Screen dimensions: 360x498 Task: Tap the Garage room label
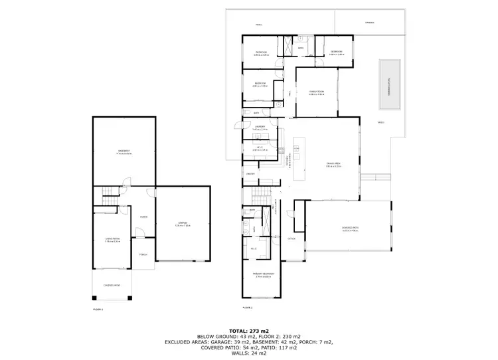click(x=182, y=223)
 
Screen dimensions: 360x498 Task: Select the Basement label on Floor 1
click(x=124, y=151)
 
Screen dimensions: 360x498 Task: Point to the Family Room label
click(x=316, y=92)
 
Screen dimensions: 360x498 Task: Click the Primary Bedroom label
click(x=263, y=274)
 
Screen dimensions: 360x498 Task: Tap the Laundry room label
click(x=260, y=127)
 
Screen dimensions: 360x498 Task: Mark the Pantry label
click(x=251, y=174)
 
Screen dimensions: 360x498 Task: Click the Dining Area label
click(x=333, y=164)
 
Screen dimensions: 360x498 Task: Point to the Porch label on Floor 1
click(x=143, y=254)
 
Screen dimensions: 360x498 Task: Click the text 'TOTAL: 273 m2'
click(x=248, y=330)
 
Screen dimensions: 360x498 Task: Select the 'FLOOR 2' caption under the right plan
click(x=247, y=308)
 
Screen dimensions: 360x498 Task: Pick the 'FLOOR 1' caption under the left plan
click(x=98, y=309)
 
